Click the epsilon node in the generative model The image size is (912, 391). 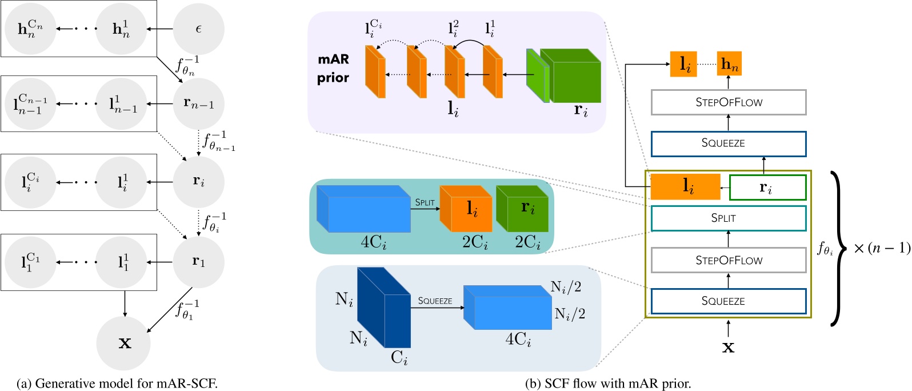point(198,29)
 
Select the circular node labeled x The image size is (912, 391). point(125,342)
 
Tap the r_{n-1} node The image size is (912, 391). point(198,103)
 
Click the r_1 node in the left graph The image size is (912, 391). point(198,262)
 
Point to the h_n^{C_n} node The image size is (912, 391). point(30,29)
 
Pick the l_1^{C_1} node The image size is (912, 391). point(30,262)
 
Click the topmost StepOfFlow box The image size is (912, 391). point(729,102)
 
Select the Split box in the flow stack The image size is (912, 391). point(729,218)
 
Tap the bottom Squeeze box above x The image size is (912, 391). point(729,301)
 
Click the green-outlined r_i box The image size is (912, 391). point(767,187)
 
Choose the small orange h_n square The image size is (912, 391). point(729,64)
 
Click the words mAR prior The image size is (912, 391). point(333,69)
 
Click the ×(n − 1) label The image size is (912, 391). point(881,248)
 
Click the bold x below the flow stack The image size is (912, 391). point(728,346)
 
